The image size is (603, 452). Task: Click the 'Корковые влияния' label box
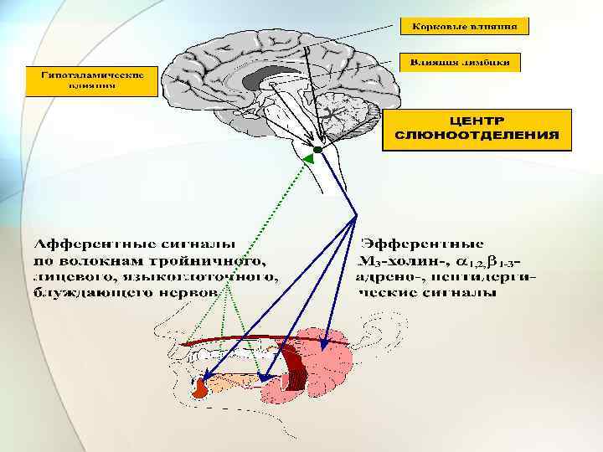[x=469, y=26]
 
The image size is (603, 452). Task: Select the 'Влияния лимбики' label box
[x=463, y=62]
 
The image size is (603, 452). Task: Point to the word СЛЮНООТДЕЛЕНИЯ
[x=477, y=135]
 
